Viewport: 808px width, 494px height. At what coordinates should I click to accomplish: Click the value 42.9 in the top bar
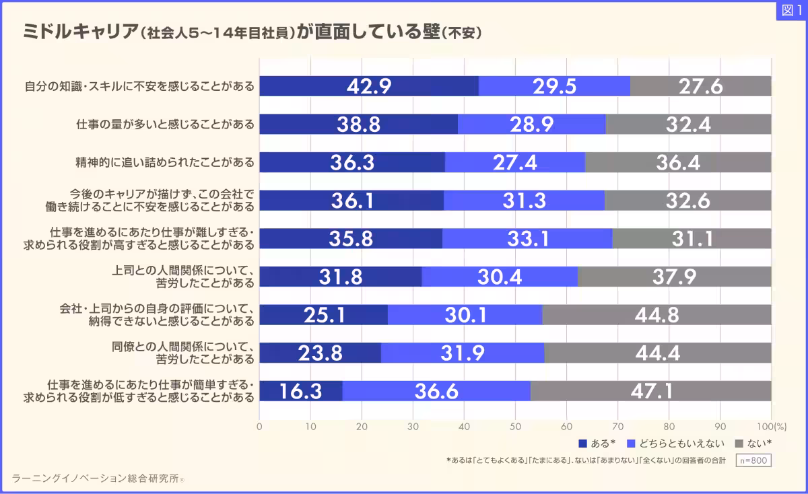pyautogui.click(x=369, y=86)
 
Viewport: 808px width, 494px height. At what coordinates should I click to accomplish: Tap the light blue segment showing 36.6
pyautogui.click(x=436, y=391)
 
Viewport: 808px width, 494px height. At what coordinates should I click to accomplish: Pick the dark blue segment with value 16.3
pyautogui.click(x=300, y=391)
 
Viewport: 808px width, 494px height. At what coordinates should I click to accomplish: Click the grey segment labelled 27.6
pyautogui.click(x=700, y=86)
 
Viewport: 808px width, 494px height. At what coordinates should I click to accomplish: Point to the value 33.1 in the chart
pyautogui.click(x=527, y=239)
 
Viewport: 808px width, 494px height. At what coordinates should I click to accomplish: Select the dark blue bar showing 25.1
pyautogui.click(x=323, y=315)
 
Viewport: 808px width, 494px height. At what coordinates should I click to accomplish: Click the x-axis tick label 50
pyautogui.click(x=515, y=426)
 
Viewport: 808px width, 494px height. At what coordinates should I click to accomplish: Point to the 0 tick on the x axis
pyautogui.click(x=260, y=426)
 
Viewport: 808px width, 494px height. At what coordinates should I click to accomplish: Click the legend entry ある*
pyautogui.click(x=597, y=444)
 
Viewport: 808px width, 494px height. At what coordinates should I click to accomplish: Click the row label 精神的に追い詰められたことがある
pyautogui.click(x=164, y=163)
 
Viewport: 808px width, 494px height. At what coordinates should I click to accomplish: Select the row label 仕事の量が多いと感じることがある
pyautogui.click(x=164, y=125)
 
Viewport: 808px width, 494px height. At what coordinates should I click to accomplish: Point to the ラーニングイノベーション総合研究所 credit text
pyautogui.click(x=98, y=479)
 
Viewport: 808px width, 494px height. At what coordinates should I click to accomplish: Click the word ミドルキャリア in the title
pyautogui.click(x=79, y=32)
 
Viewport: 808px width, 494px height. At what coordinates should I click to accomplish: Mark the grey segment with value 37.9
pyautogui.click(x=675, y=277)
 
